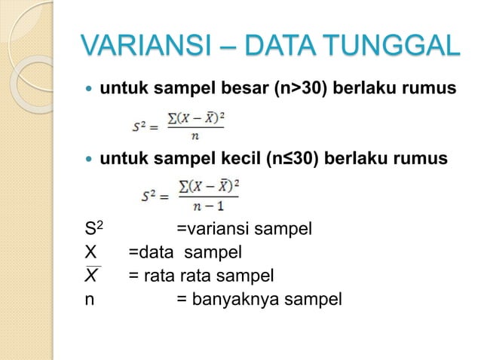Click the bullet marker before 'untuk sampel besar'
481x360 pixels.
(x=90, y=90)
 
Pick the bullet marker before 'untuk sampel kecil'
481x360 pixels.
(x=90, y=160)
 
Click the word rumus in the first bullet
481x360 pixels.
(x=432, y=90)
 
